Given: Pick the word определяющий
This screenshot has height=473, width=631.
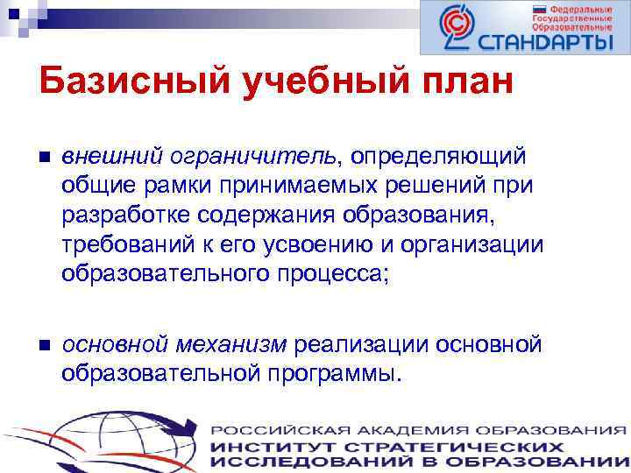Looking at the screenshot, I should point(439,155).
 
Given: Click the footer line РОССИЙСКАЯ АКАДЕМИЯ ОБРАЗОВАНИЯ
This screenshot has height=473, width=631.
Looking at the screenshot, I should point(419,431).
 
